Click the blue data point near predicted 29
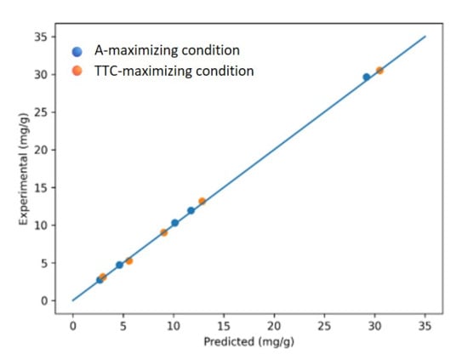[x=367, y=77]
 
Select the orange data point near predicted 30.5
[x=380, y=71]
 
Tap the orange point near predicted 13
[x=202, y=201]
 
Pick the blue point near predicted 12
[x=191, y=211]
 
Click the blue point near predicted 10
[x=175, y=223]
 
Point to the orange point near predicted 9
[x=164, y=232]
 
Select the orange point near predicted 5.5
[x=129, y=261]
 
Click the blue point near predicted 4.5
[x=119, y=265]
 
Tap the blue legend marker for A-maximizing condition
[x=77, y=52]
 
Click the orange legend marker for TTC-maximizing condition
[x=77, y=71]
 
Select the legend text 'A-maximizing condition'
[x=167, y=50]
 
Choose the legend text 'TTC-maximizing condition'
[x=174, y=71]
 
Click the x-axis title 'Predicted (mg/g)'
[x=249, y=341]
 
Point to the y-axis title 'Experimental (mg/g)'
[x=24, y=169]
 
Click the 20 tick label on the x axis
[x=274, y=326]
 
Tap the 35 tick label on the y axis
[x=41, y=37]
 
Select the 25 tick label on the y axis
[x=41, y=112]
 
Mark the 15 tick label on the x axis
[x=224, y=326]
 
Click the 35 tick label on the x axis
[x=425, y=326]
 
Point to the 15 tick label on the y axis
[x=41, y=188]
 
